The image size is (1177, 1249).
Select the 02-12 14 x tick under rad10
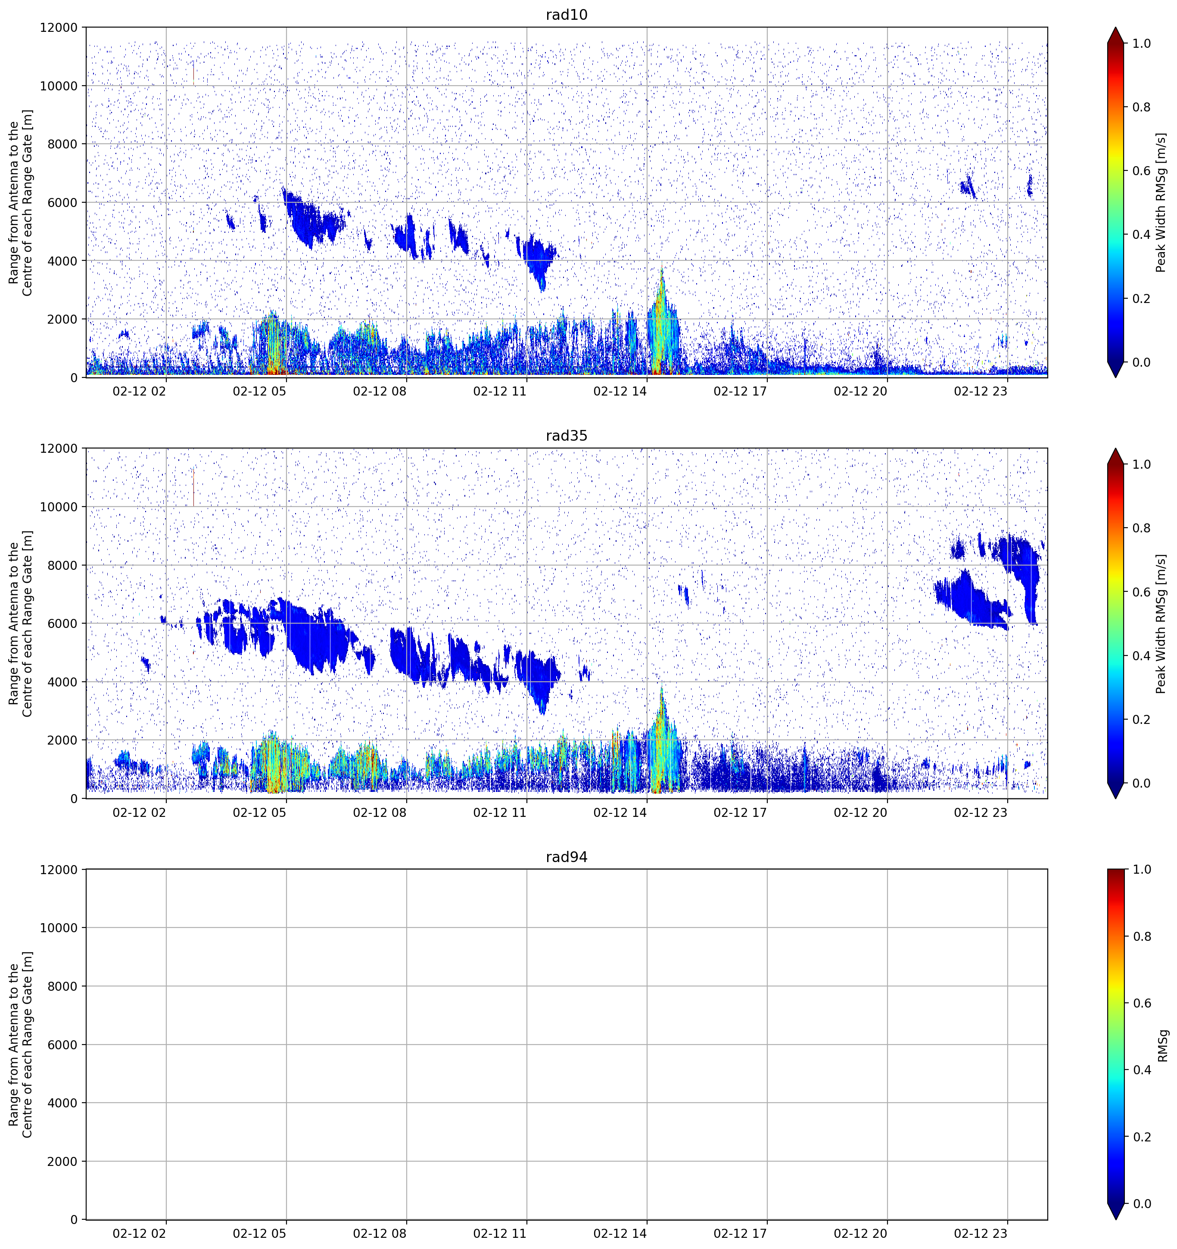pyautogui.click(x=620, y=391)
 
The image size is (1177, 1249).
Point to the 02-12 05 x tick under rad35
pyautogui.click(x=260, y=812)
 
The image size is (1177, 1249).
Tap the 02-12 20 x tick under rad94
pyautogui.click(x=860, y=1234)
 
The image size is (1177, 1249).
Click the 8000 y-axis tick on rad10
pyautogui.click(x=62, y=144)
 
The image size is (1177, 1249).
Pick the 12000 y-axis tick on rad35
pyautogui.click(x=59, y=448)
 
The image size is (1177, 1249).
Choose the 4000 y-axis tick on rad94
pyautogui.click(x=62, y=1103)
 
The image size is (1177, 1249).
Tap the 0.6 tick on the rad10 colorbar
pyautogui.click(x=1141, y=171)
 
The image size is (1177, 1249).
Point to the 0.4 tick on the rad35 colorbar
pyautogui.click(x=1141, y=656)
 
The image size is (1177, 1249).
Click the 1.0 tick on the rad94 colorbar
pyautogui.click(x=1141, y=869)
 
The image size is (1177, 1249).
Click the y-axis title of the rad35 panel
pyautogui.click(x=21, y=623)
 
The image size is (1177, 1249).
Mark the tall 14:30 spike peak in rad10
pyautogui.click(x=661, y=267)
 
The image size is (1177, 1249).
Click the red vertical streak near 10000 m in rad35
pyautogui.click(x=193, y=488)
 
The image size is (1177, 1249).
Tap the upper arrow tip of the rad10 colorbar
pyautogui.click(x=1115, y=28)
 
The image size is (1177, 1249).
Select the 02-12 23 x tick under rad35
pyautogui.click(x=980, y=812)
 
